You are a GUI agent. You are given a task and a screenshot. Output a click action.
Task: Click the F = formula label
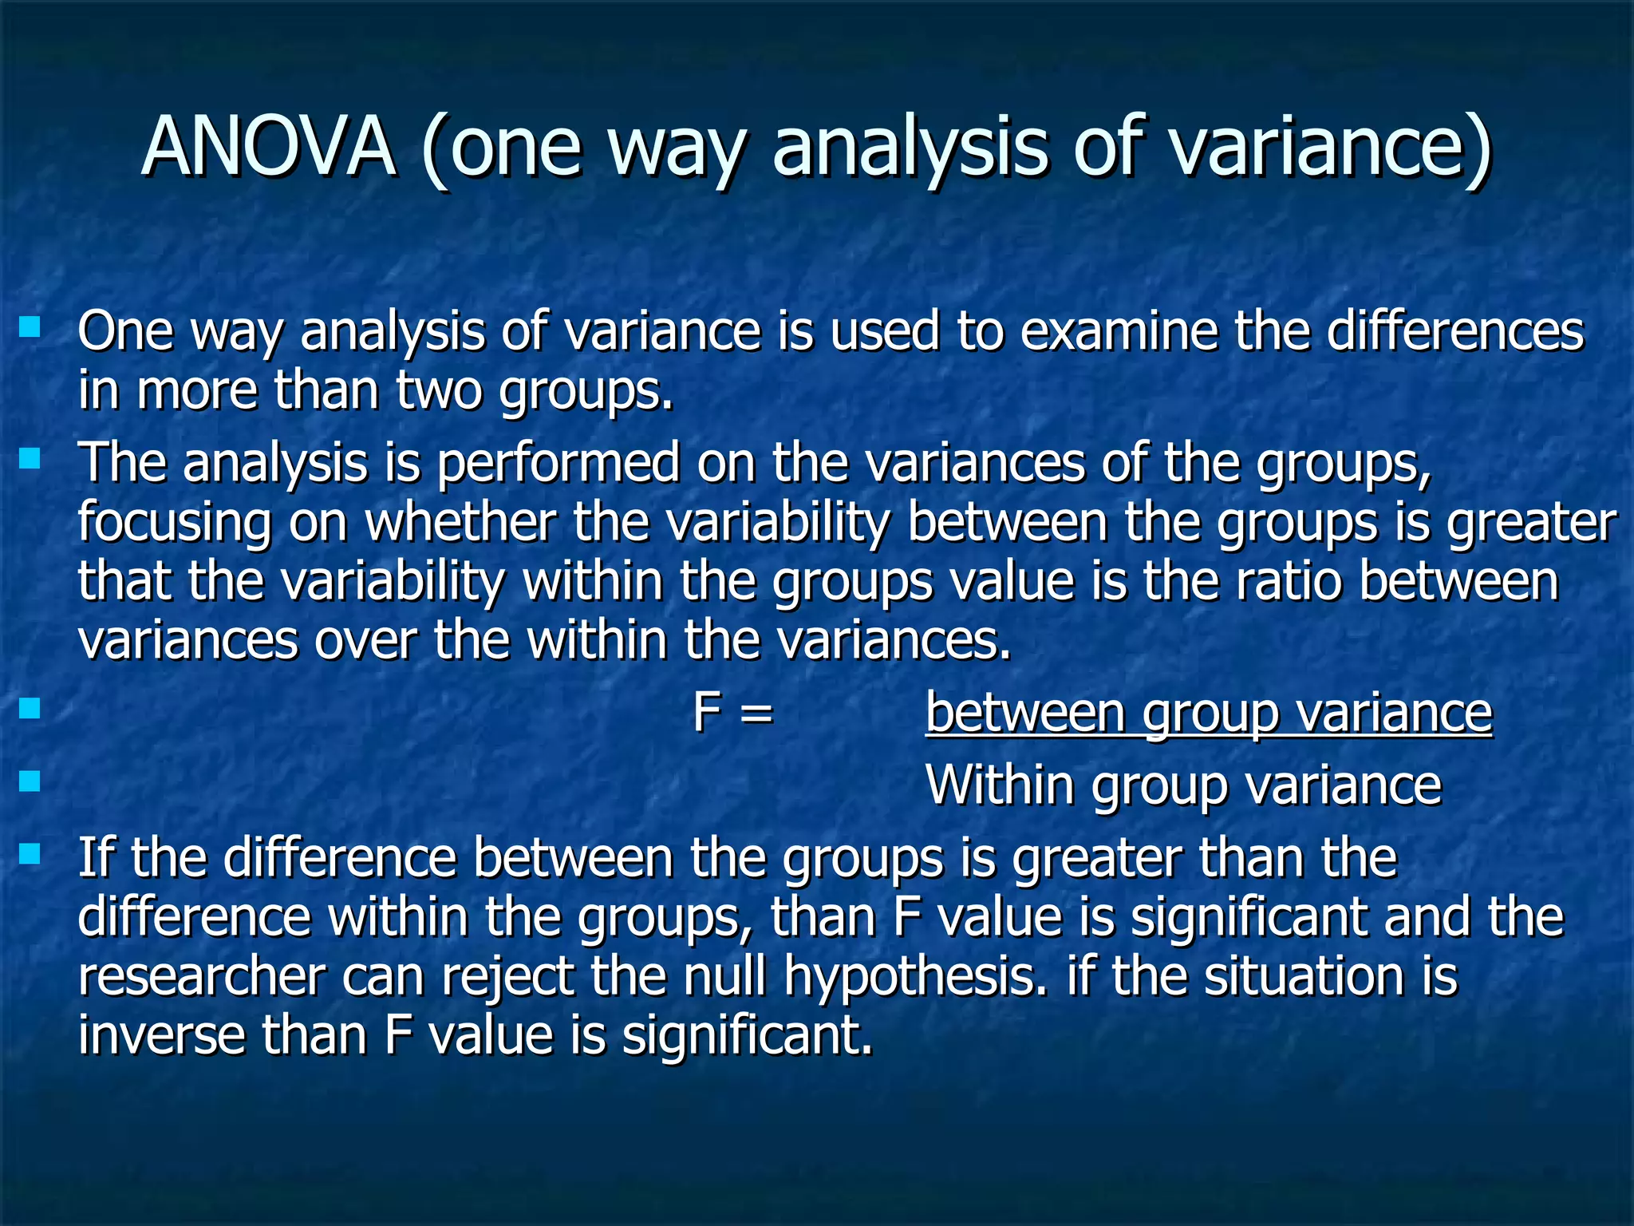(733, 712)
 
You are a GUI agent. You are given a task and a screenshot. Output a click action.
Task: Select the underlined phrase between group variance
(1208, 713)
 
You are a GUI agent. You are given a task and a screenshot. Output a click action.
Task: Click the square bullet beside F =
(30, 708)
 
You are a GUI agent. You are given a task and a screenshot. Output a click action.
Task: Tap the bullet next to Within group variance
(30, 780)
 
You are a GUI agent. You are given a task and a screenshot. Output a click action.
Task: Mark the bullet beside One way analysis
(30, 326)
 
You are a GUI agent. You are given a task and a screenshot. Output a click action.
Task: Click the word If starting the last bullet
(97, 858)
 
